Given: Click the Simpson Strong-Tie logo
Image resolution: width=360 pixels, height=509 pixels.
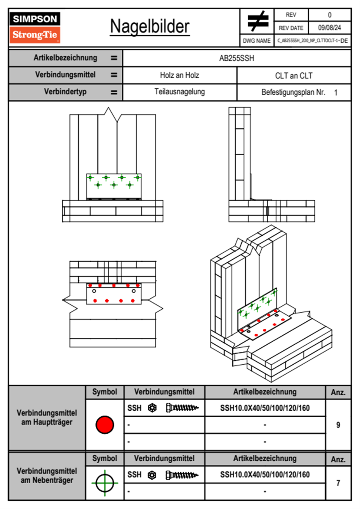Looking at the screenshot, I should pos(35,27).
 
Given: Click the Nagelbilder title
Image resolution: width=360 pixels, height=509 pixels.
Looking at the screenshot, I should pos(150,27).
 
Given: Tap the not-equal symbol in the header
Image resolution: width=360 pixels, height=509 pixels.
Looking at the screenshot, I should pos(257,21).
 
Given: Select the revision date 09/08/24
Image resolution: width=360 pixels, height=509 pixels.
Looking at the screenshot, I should pos(329,28).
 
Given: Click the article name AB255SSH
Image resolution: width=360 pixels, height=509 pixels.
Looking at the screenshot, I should pos(237,58).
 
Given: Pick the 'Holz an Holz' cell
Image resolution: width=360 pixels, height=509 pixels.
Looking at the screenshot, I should pos(179,75).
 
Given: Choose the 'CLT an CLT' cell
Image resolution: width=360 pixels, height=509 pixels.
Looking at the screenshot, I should pos(294,76).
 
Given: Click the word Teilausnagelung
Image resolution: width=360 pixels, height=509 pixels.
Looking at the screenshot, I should pos(179,92).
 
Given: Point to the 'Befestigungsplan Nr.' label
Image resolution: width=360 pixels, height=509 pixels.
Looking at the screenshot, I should pos(293,92).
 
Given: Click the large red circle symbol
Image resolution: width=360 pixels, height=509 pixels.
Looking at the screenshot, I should pos(105,425).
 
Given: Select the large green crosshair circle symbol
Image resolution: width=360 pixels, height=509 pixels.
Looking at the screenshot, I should pos(105,483).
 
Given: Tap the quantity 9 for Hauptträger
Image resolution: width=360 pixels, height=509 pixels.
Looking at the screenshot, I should pos(338,425).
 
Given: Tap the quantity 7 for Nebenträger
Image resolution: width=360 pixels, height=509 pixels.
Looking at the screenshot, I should pos(338,483).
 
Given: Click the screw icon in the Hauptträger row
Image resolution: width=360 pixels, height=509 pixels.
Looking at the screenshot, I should pos(182,408).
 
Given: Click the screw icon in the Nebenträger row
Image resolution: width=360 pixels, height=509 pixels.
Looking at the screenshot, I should pos(182,475).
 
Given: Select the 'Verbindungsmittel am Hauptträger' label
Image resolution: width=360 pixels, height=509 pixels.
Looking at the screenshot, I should pos(47,418).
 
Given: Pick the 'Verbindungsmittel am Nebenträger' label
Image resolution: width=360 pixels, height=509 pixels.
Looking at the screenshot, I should pos(47,476).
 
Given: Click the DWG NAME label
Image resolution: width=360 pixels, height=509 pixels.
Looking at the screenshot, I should pos(257,41).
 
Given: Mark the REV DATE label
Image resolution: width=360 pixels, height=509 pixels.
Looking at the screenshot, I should pos(291,28).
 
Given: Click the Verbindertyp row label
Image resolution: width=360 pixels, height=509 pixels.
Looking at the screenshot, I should pos(65,92).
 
